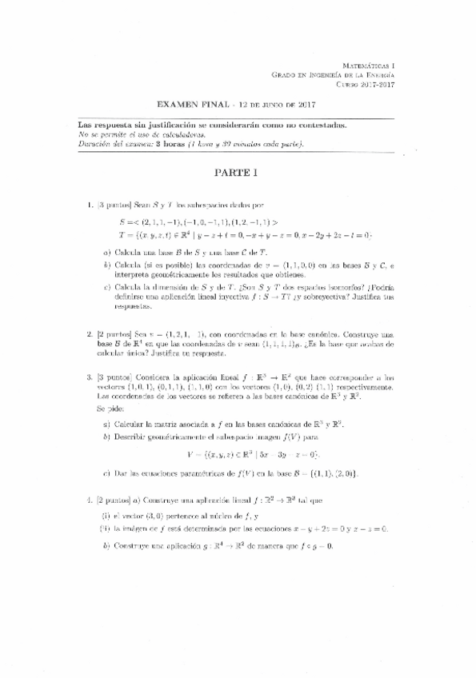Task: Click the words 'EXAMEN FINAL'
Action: point(192,104)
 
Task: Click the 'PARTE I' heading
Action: point(237,172)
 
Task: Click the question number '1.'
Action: point(90,206)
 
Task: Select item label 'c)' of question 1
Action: point(107,285)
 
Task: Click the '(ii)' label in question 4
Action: point(106,528)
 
